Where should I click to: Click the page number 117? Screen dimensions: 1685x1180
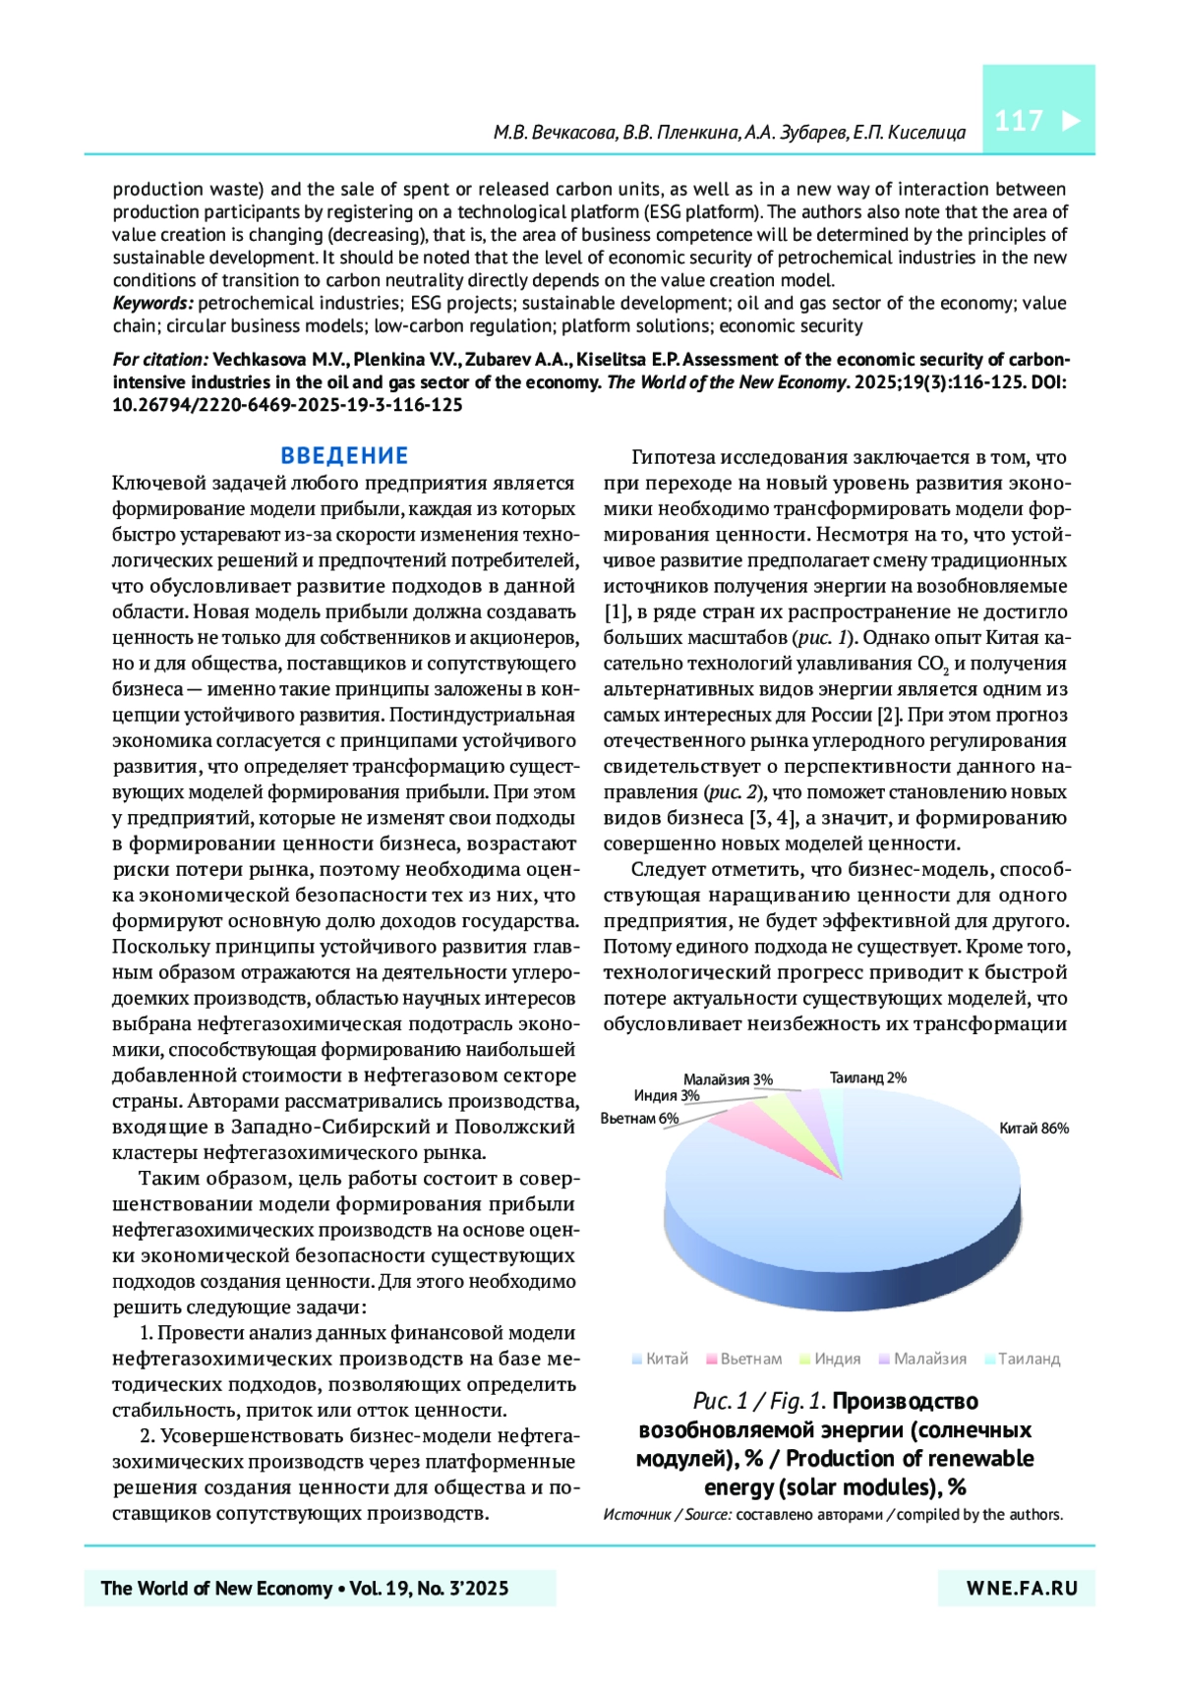coord(1018,121)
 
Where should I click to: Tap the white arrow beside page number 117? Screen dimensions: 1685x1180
coord(1071,121)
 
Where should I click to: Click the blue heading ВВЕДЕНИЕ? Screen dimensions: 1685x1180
coord(344,455)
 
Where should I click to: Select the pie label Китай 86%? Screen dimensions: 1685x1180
coord(1033,1129)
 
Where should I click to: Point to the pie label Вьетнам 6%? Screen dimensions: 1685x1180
coord(639,1118)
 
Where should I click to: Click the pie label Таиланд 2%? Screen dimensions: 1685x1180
coord(867,1077)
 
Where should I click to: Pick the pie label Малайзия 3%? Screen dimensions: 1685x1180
coord(728,1079)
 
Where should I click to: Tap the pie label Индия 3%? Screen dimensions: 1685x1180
coord(667,1096)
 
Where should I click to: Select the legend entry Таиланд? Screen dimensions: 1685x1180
coord(1029,1359)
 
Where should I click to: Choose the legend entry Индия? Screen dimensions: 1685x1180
coord(837,1359)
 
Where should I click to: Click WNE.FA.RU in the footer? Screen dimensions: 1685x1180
coord(1022,1588)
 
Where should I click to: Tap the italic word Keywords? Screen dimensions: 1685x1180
coord(152,303)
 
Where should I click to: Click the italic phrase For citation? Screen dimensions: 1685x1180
coord(160,360)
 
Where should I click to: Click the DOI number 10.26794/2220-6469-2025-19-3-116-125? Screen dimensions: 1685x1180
coord(287,405)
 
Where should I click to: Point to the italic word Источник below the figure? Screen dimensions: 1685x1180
coord(635,1515)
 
